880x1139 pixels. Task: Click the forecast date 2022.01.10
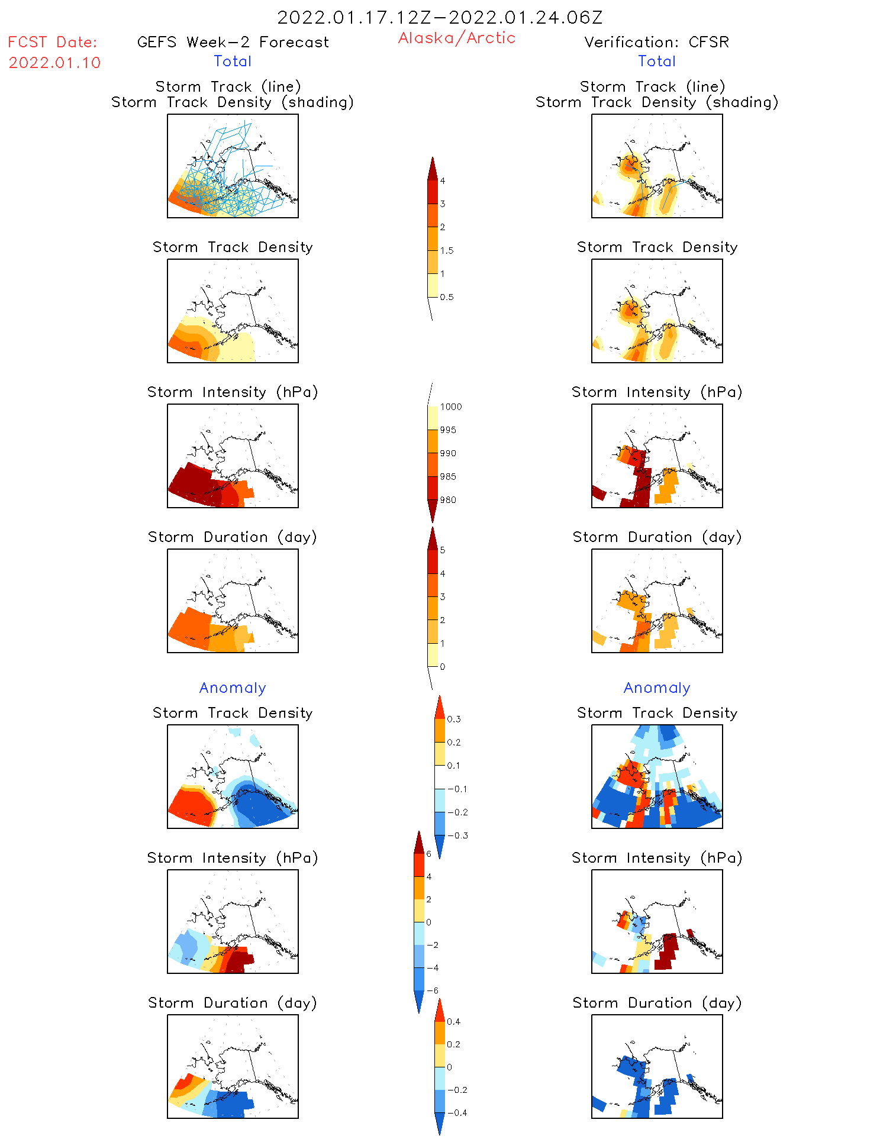[x=54, y=63]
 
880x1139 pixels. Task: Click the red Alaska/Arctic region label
[x=456, y=38]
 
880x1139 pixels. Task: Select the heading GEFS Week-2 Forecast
[x=233, y=42]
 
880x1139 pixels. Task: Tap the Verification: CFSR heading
[x=656, y=42]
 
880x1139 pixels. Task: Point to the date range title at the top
[x=440, y=17]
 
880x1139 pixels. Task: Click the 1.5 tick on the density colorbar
[x=446, y=250]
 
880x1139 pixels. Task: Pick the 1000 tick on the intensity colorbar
[x=450, y=406]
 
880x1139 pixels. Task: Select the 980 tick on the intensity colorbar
[x=447, y=500]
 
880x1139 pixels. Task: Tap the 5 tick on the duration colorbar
[x=442, y=550]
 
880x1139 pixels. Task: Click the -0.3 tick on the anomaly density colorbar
[x=457, y=835]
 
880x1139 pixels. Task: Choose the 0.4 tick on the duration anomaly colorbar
[x=453, y=1021]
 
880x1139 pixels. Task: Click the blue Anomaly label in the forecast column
[x=233, y=688]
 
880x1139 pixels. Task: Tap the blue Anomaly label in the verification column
[x=657, y=688]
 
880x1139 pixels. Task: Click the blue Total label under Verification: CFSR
[x=657, y=61]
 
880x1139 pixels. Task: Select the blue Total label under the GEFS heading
[x=233, y=61]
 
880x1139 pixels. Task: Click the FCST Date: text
[x=53, y=42]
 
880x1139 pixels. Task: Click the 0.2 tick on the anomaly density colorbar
[x=453, y=742]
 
